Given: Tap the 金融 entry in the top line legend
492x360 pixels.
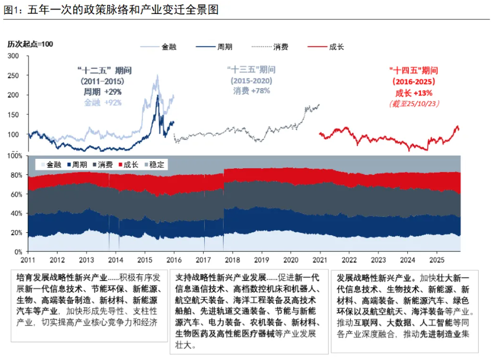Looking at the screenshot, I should pyautogui.click(x=168, y=47).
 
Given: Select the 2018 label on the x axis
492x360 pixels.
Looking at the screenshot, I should pyautogui.click(x=232, y=260).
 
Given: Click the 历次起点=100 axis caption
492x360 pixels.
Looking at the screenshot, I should pyautogui.click(x=30, y=44).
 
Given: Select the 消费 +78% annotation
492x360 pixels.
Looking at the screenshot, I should pyautogui.click(x=251, y=91).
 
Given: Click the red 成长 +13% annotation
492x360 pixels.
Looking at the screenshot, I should pyautogui.click(x=414, y=93).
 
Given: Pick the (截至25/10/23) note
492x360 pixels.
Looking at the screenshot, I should pyautogui.click(x=413, y=104).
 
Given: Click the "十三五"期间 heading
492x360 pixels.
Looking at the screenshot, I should pyautogui.click(x=251, y=70).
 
